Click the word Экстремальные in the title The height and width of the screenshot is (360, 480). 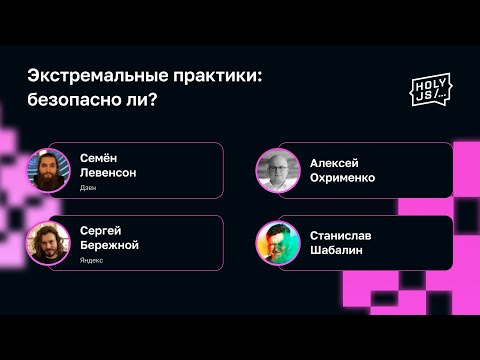(x=94, y=76)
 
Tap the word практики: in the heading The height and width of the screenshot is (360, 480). (x=215, y=76)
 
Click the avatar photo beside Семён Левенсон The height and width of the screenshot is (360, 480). (x=47, y=170)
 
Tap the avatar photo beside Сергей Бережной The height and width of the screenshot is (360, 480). (x=47, y=242)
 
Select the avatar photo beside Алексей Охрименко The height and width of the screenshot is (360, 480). (x=276, y=170)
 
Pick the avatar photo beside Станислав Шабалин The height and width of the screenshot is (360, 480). (x=276, y=242)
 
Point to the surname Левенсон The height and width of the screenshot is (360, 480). (x=108, y=172)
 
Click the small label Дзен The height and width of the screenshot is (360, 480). (x=88, y=188)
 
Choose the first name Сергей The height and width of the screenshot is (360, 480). (x=101, y=230)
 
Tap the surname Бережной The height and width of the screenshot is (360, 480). (x=109, y=245)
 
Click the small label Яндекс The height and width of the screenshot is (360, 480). (x=92, y=260)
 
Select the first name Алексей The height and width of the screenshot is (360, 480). (x=334, y=163)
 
